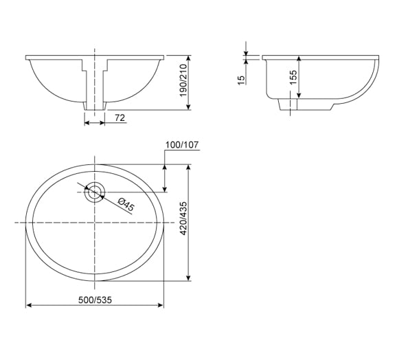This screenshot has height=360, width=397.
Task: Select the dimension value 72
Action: [x=119, y=119]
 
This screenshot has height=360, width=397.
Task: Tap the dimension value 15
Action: [x=241, y=80]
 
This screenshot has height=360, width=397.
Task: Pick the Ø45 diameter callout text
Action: [x=126, y=205]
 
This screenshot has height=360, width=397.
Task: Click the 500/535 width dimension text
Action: [x=95, y=300]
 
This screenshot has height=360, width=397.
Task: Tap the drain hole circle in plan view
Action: [x=94, y=191]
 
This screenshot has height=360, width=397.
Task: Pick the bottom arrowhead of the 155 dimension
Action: [x=297, y=95]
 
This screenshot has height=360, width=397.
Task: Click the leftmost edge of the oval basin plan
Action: [x=26, y=223]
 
